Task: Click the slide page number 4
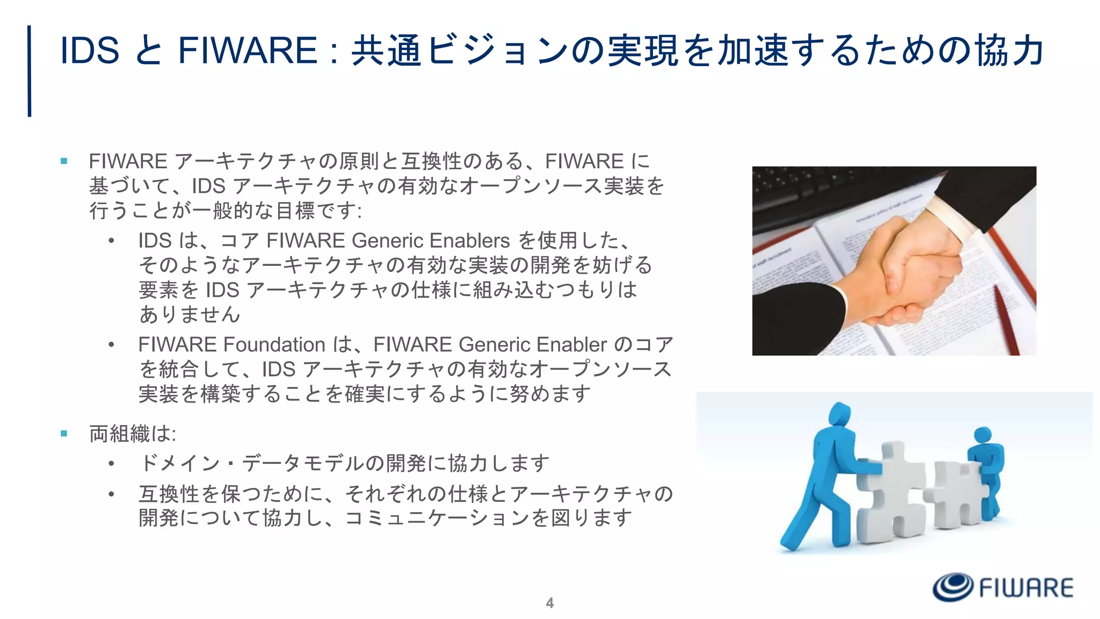tap(549, 603)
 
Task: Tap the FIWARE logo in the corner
tap(1002, 587)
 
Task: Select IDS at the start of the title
tap(90, 51)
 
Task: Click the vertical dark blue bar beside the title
tap(30, 71)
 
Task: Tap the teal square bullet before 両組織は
tap(64, 433)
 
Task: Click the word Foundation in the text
tap(274, 344)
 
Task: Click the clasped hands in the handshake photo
tap(913, 269)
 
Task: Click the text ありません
tap(189, 314)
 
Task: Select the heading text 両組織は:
tap(133, 433)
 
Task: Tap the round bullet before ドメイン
tap(111, 463)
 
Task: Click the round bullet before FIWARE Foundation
tap(111, 344)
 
